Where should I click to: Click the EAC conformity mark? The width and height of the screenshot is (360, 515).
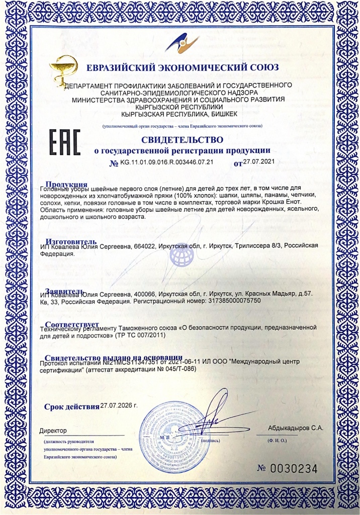click(63, 142)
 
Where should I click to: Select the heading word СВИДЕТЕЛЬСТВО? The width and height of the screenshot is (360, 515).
click(182, 139)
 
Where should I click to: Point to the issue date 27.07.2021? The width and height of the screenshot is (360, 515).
click(260, 161)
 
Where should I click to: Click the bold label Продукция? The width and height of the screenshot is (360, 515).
click(66, 184)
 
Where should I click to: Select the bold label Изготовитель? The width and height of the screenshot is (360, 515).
click(70, 241)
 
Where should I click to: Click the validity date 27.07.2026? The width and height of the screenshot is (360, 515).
click(119, 405)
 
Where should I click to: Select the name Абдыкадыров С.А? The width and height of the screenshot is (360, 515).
click(296, 428)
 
